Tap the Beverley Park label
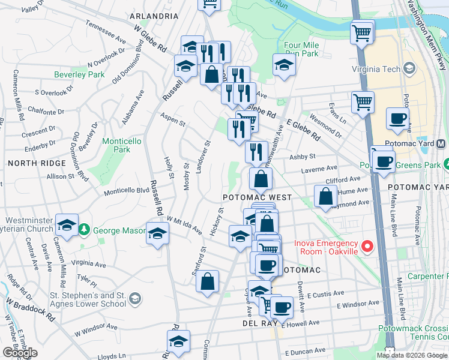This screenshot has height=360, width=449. tap(79, 74)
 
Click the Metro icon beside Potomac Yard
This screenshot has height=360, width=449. tap(441, 144)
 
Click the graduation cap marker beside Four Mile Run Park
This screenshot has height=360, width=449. tap(284, 65)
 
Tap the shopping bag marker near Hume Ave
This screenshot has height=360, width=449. tap(325, 196)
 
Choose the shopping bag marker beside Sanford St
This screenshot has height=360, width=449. tap(207, 282)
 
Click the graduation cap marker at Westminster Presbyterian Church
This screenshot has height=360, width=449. tap(66, 226)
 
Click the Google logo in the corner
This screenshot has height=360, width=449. tap(20, 352)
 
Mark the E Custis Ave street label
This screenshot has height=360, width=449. tap(324, 295)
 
